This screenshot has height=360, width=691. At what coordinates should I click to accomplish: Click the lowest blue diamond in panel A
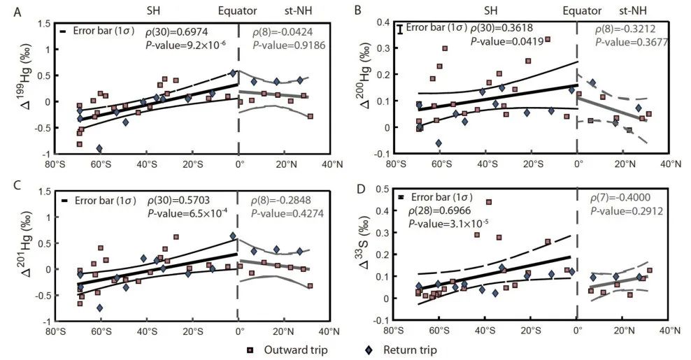pyautogui.click(x=100, y=148)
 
